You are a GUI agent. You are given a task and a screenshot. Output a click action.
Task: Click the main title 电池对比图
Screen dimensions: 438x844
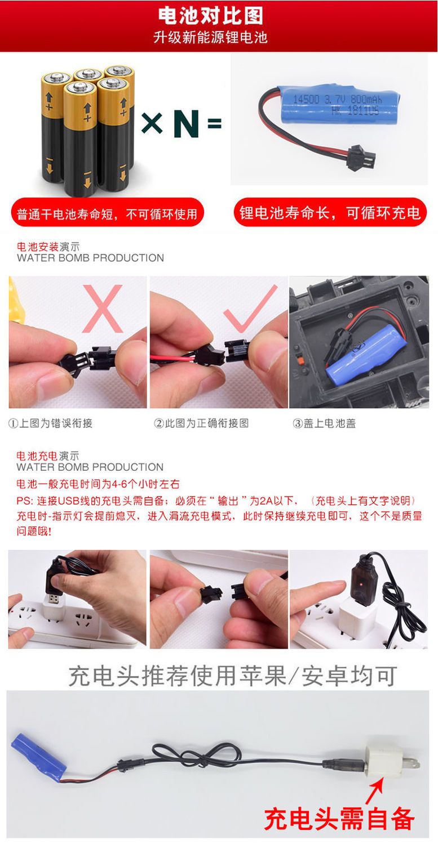point(210,16)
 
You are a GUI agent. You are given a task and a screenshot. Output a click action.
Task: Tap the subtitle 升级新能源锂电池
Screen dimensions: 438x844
point(210,37)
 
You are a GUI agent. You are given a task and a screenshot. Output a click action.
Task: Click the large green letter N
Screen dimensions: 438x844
point(187,123)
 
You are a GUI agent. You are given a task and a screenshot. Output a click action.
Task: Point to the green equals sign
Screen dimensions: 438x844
point(214,123)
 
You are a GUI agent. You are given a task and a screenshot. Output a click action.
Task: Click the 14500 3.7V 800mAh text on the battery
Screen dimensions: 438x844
point(338,99)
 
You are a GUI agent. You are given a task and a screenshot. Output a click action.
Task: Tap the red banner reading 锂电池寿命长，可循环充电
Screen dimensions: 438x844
point(330,212)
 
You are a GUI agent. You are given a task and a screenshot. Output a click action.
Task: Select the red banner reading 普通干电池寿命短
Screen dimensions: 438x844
point(107,213)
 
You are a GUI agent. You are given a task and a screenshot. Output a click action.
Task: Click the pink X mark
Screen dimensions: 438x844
point(103,308)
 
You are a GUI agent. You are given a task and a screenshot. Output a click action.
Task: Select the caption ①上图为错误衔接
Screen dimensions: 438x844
point(50,423)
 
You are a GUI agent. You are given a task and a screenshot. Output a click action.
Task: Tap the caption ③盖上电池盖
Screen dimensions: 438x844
point(324,423)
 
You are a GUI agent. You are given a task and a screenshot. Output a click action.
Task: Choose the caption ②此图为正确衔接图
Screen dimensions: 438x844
point(201,423)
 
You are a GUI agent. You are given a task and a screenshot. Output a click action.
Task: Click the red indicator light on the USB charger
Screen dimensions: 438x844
point(361,584)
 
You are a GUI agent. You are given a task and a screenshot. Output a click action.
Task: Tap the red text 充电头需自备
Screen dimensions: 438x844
point(339,818)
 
